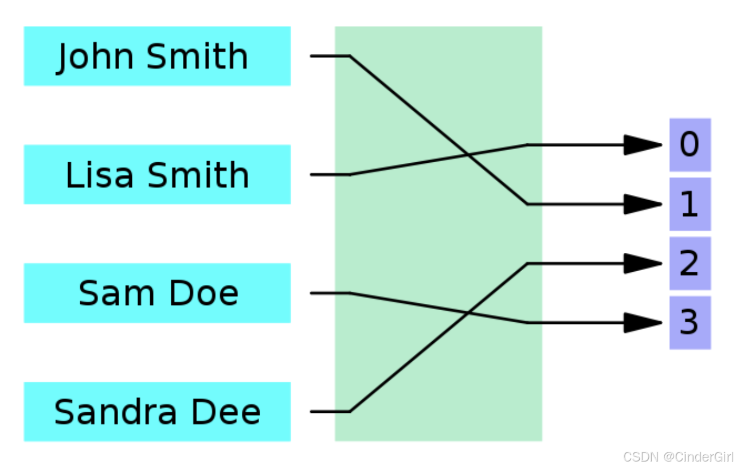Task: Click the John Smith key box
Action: [x=156, y=56]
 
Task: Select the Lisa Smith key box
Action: [x=156, y=174]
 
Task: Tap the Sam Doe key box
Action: [x=156, y=293]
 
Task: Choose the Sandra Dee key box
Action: [x=156, y=412]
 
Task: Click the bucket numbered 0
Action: [x=690, y=145]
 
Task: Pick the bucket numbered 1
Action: [x=690, y=204]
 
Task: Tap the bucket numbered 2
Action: [x=690, y=263]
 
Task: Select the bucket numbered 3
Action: [x=690, y=323]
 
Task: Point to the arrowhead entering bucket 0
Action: [x=643, y=145]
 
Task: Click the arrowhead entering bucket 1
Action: [x=643, y=204]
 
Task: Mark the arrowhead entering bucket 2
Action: [x=643, y=263]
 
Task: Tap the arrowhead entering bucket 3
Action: [x=643, y=323]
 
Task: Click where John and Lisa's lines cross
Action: [x=468, y=155]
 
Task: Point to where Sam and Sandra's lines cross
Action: [x=468, y=312]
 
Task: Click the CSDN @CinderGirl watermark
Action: [x=678, y=457]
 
